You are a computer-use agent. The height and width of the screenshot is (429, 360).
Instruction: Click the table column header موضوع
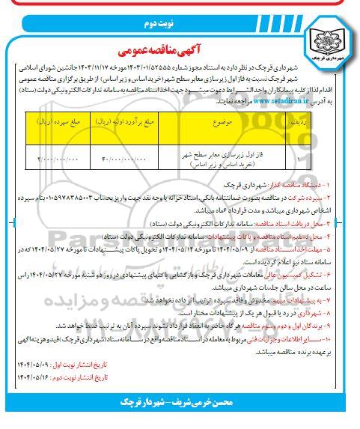click(217, 120)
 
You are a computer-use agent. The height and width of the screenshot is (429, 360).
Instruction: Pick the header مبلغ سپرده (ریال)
click(57, 120)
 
